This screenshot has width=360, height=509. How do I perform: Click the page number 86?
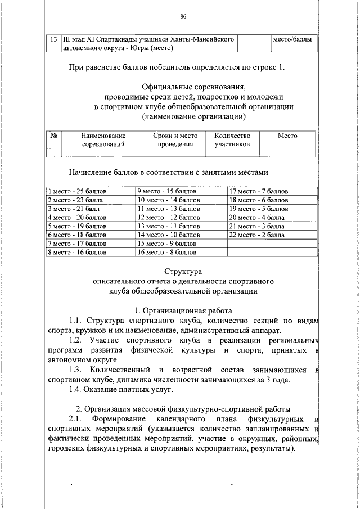(183, 16)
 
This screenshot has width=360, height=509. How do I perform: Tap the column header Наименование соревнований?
(103, 139)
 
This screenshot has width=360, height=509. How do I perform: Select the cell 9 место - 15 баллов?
(168, 191)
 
